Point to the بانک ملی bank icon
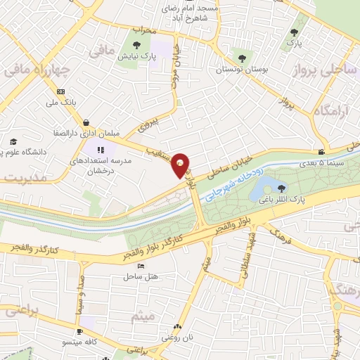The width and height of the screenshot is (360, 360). (x=61, y=92)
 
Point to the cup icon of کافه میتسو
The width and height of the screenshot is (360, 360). (x=80, y=331)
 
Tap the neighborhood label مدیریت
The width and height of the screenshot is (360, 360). (x=20, y=179)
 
